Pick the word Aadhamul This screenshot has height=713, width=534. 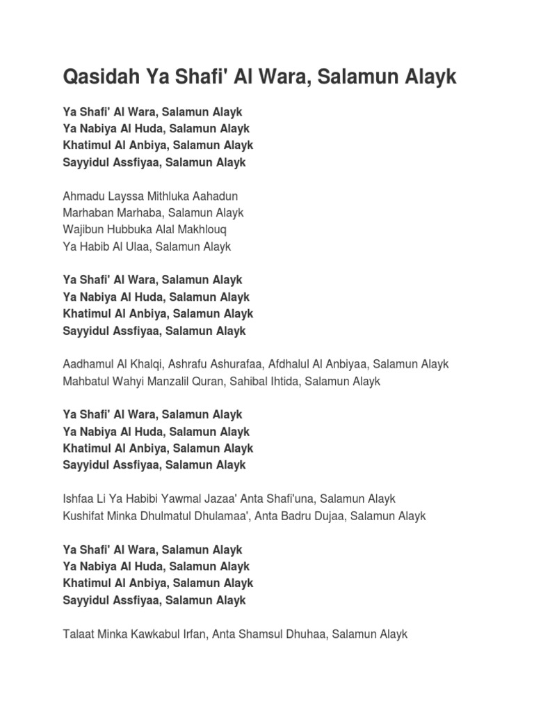(90, 364)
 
